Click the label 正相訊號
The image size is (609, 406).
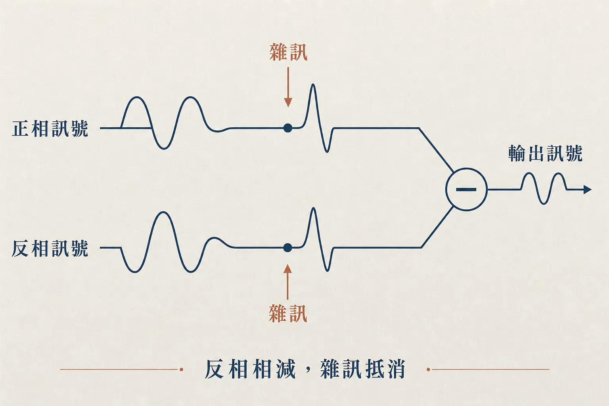coord(50,128)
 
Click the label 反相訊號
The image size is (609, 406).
coord(50,248)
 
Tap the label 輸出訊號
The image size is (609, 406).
coord(545,153)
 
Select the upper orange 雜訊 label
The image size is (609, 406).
coord(288,52)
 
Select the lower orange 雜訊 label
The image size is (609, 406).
coord(288,314)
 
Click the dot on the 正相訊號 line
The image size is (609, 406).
coord(287,128)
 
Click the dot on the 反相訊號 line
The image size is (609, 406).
coord(287,248)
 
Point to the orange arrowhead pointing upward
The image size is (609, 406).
coord(287,269)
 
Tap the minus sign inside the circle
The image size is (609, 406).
coord(466,189)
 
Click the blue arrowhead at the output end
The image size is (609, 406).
coord(588,189)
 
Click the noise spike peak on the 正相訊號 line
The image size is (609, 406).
coord(313,85)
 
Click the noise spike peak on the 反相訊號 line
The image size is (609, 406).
coord(314,209)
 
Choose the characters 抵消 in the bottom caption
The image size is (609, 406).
coord(385,369)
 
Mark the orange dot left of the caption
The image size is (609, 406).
coord(181,369)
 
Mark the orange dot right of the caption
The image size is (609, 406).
coord(428,369)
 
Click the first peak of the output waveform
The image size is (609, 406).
coord(529,174)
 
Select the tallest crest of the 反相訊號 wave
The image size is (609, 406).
coord(163,213)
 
